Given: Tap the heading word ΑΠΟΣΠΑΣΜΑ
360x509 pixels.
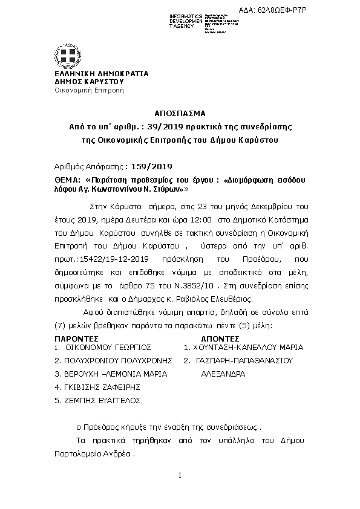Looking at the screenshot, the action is tap(180, 113).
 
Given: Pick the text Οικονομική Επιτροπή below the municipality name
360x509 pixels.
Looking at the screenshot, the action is tap(89, 90).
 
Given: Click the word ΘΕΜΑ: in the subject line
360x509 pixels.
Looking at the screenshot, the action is tap(67, 181).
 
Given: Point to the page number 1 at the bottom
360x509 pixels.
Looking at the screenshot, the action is tap(180, 476).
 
